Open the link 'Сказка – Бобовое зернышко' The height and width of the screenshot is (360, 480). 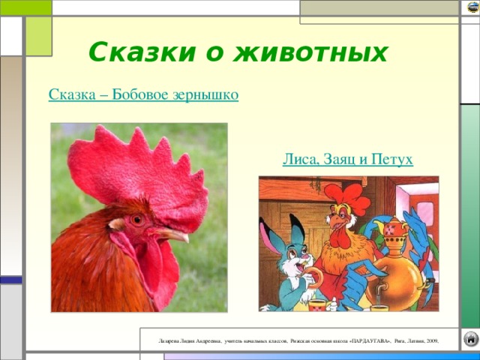pos(143,95)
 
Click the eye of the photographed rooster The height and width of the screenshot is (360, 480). pos(137,220)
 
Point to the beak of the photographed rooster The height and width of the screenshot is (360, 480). pos(173,235)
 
